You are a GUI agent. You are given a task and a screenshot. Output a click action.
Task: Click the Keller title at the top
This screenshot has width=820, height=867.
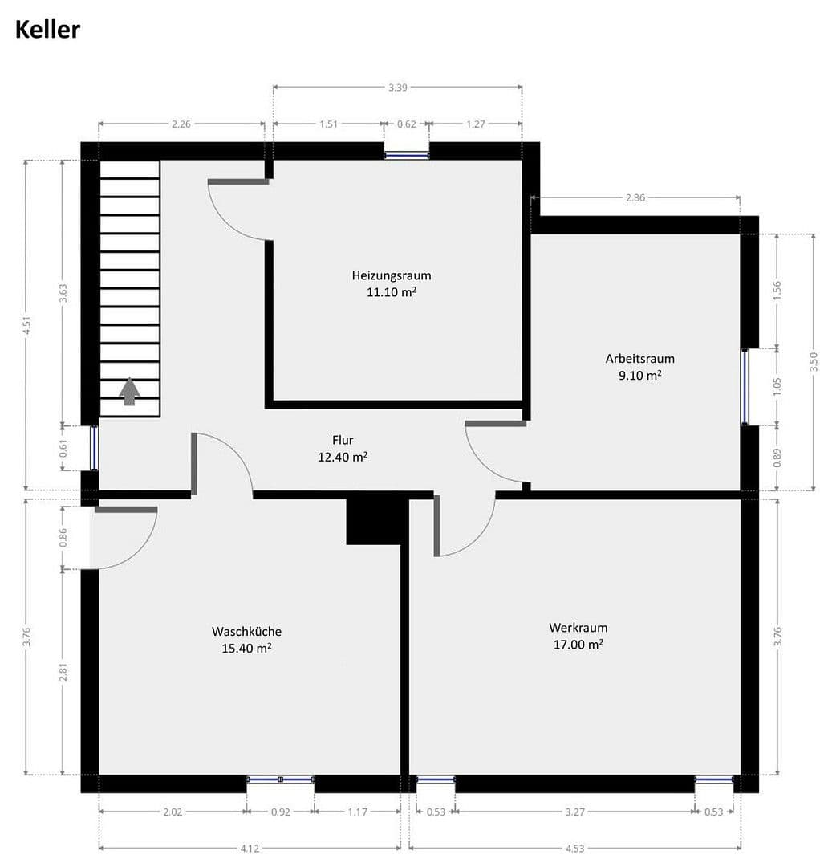pyautogui.click(x=47, y=30)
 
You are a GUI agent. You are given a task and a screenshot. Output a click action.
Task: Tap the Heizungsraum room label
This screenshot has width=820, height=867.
pyautogui.click(x=392, y=275)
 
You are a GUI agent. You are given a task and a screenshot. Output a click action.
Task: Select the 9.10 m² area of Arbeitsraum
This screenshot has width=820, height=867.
pyautogui.click(x=639, y=374)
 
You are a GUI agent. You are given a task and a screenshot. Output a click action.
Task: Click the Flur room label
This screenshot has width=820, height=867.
pyautogui.click(x=343, y=440)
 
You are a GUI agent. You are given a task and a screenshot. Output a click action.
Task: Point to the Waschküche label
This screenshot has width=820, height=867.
pyautogui.click(x=246, y=631)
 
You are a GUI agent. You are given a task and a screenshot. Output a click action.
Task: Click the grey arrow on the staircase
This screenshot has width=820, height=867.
pyautogui.click(x=129, y=392)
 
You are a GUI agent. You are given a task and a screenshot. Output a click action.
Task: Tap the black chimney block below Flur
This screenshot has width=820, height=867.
pyautogui.click(x=375, y=521)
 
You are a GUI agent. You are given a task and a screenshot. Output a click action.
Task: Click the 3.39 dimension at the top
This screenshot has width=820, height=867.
pyautogui.click(x=397, y=88)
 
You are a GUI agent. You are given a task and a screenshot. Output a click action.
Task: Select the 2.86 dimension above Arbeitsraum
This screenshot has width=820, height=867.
pyautogui.click(x=635, y=197)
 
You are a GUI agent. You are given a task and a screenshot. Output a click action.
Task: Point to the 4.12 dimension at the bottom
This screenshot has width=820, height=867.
pyautogui.click(x=250, y=846)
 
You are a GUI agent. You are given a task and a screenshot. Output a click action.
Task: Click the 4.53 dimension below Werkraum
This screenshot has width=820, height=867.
pyautogui.click(x=574, y=846)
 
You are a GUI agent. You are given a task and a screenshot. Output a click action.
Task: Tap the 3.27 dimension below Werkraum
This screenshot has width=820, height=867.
pyautogui.click(x=574, y=812)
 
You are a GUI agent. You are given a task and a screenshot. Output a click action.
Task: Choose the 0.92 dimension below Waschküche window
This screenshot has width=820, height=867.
pyautogui.click(x=280, y=812)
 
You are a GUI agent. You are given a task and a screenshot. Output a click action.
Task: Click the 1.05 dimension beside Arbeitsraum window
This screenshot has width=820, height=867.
pyautogui.click(x=777, y=385)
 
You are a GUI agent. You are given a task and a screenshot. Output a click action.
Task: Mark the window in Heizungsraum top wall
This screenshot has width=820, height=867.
pyautogui.click(x=406, y=155)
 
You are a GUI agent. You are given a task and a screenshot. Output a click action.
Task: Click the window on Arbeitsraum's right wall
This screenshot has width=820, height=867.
pyautogui.click(x=745, y=386)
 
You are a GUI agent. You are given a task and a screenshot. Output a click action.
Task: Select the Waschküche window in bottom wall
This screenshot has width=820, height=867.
pyautogui.click(x=280, y=779)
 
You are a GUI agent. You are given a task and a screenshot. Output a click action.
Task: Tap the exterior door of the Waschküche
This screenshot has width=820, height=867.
pyautogui.click(x=90, y=536)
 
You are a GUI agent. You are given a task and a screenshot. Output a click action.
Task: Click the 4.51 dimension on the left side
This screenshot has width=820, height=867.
pyautogui.click(x=26, y=325)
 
